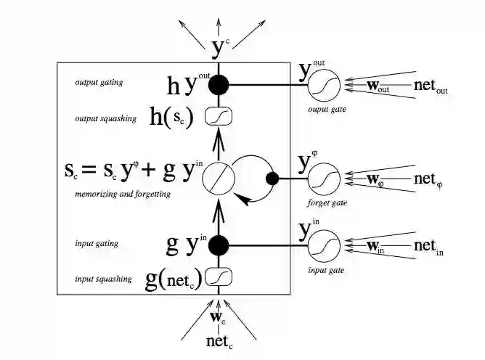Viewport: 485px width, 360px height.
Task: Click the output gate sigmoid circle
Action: [x=323, y=86]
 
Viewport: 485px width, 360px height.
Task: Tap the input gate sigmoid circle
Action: [x=323, y=247]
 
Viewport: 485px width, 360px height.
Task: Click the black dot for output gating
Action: [x=219, y=86]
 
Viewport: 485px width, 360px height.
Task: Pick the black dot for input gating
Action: [x=219, y=246]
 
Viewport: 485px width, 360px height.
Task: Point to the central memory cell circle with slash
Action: [x=218, y=178]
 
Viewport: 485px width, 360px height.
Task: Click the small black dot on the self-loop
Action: [x=273, y=178]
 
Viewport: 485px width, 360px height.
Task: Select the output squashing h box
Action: [x=218, y=116]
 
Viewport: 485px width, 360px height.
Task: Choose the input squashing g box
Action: [x=219, y=277]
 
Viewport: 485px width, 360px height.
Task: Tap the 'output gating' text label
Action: [x=99, y=83]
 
